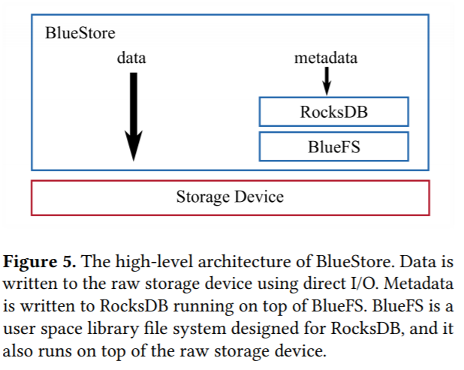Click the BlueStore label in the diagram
click(80, 33)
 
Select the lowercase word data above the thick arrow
click(131, 58)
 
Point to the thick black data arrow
click(133, 113)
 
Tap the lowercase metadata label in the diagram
click(326, 58)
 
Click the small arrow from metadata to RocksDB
click(327, 79)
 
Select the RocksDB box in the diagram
click(333, 112)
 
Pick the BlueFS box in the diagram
click(333, 146)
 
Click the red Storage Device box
click(230, 197)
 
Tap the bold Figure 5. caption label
click(39, 263)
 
